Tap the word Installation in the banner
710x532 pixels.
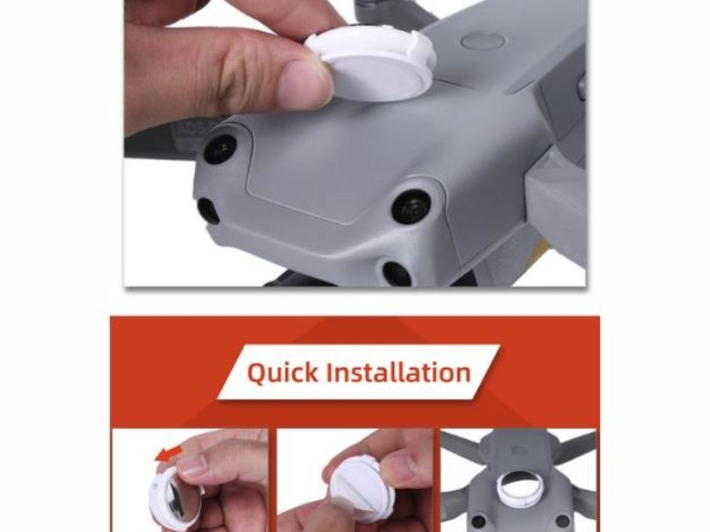coord(398,372)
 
